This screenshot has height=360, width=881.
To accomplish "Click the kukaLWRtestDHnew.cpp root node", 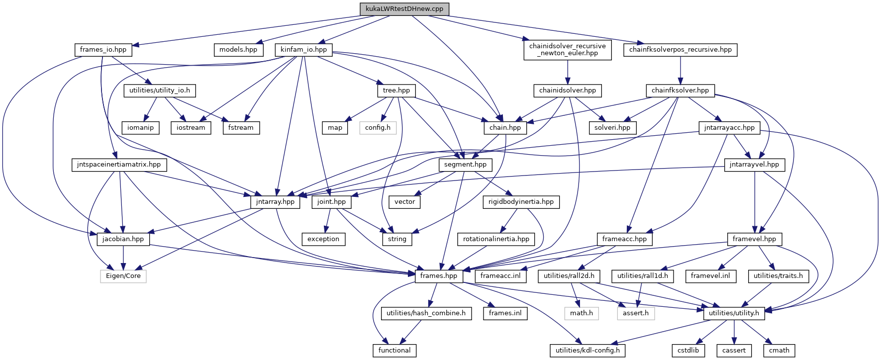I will coord(404,9).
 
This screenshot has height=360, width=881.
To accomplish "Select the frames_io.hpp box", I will coord(103,50).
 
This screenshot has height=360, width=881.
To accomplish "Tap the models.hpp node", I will coord(238,50).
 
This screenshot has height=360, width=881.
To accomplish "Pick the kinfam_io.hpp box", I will coord(303,50).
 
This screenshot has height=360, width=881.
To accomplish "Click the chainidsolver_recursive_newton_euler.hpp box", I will coord(567,50).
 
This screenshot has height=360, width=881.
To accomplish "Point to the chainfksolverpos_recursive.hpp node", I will coord(680,50).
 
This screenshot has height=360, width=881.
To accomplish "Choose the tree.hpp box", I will coord(396,90).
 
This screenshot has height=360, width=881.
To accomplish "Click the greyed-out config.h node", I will coord(378,128).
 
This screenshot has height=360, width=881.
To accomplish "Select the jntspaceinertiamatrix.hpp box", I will coord(119,165).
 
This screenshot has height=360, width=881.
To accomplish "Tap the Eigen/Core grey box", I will coord(123,276).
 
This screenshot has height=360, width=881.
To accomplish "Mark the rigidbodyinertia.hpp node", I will coord(521,202).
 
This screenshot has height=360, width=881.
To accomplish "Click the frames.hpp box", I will coord(438,276).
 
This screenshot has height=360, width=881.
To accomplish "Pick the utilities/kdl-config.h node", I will coord(587,351).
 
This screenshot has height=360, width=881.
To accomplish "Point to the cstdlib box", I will coord(688,351).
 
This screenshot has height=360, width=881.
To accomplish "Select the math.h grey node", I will coord(582,313).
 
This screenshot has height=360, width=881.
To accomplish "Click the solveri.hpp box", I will coord(612,128).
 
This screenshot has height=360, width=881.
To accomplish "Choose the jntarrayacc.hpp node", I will coord(729,128).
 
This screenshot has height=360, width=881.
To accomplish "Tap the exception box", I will coord(323,239).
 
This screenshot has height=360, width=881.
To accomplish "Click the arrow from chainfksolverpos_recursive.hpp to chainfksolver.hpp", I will coord(680,70).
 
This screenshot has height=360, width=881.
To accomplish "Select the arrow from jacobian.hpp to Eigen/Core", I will coord(123,258).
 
